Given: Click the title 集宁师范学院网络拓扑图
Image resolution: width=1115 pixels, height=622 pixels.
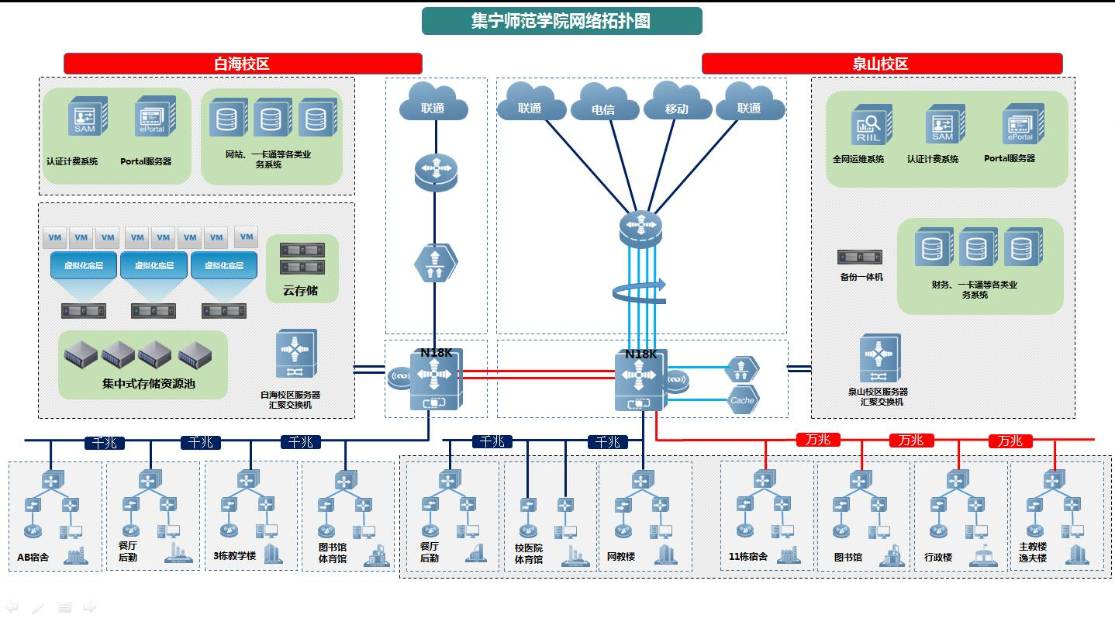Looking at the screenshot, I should (x=561, y=21).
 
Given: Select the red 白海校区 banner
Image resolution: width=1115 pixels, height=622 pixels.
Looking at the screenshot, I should (x=242, y=64).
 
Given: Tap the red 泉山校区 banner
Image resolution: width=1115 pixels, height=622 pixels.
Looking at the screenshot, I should (x=881, y=64).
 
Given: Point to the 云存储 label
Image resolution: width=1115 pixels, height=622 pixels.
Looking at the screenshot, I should (x=300, y=291).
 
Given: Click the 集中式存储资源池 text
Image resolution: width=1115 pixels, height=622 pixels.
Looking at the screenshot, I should (x=149, y=383).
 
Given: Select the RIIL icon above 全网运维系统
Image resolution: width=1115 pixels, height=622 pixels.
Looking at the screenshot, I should (x=872, y=125).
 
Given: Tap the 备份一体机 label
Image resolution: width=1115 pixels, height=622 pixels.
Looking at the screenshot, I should (x=861, y=277).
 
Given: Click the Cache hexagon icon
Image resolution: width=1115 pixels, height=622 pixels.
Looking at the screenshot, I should (x=742, y=400).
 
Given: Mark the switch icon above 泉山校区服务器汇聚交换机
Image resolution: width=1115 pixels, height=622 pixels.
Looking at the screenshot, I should (x=879, y=358).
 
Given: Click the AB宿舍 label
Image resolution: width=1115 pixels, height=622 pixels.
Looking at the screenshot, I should (x=33, y=557).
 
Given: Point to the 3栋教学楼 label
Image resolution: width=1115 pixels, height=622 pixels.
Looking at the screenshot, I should (x=234, y=556).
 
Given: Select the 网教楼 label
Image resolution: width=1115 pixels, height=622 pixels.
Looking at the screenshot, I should (x=621, y=557).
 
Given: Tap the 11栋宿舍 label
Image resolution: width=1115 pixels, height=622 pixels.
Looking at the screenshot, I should (x=748, y=557).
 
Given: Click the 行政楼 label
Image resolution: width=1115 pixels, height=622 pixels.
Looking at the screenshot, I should (x=938, y=558).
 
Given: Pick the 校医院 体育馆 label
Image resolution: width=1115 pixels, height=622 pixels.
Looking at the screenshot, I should (x=529, y=554).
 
